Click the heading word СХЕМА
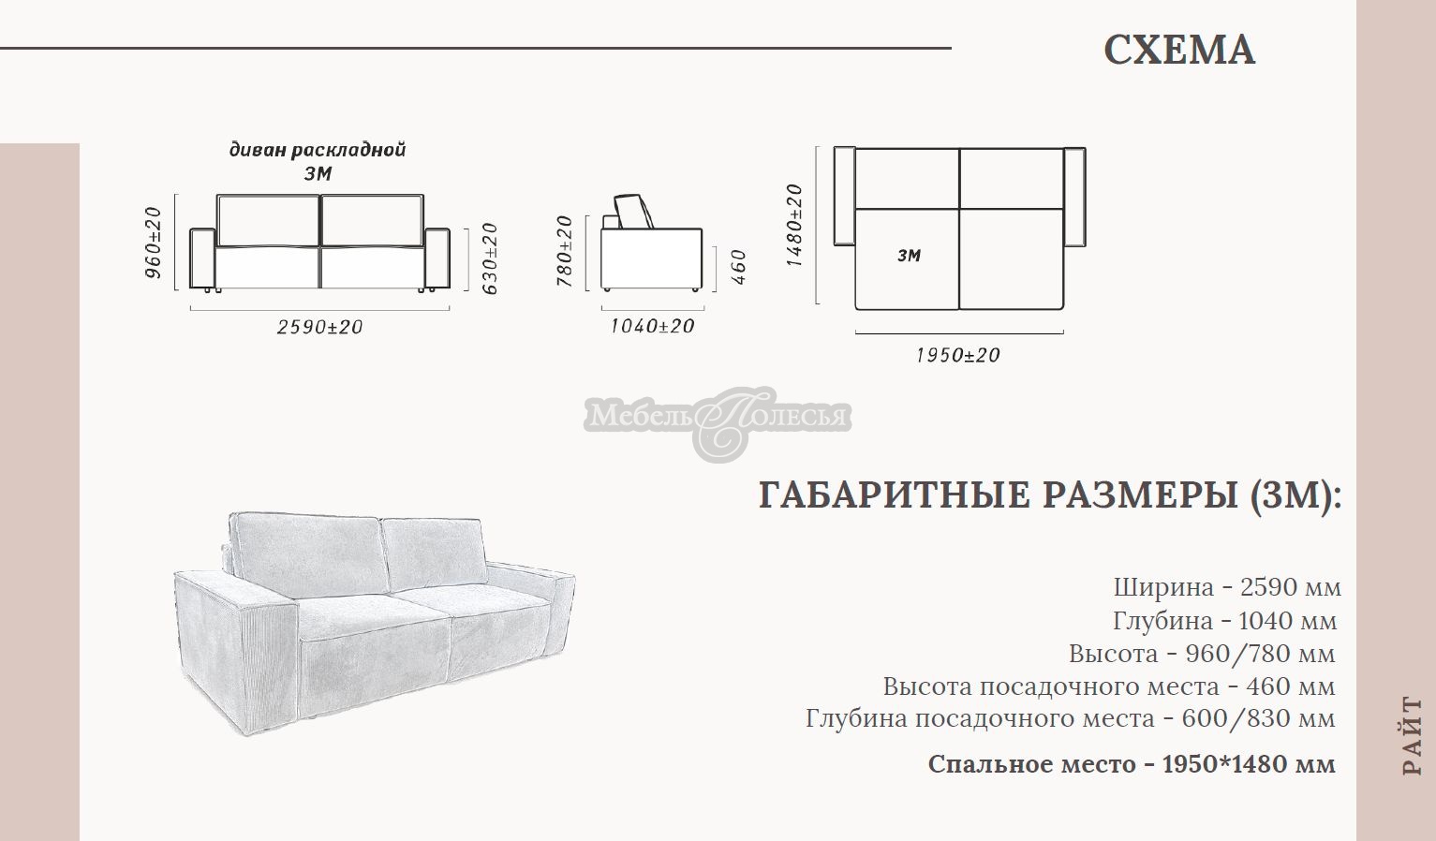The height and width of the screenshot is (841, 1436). [x=1178, y=51]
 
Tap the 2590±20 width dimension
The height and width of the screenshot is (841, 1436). [x=319, y=328]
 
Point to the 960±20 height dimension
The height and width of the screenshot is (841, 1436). [x=154, y=243]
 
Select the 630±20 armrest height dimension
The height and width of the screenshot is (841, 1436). [x=489, y=258]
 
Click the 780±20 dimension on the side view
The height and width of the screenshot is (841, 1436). [x=564, y=251]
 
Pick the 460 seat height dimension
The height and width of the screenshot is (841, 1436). [x=738, y=267]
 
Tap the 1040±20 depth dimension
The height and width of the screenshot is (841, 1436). [x=652, y=326]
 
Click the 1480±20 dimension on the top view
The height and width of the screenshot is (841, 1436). [x=794, y=225]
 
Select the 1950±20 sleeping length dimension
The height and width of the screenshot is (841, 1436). [x=957, y=356]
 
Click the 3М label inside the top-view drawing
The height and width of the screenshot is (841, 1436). [x=909, y=255]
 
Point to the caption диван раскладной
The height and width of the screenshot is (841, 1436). [x=318, y=150]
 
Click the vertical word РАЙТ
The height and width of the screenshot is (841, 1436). [x=1412, y=735]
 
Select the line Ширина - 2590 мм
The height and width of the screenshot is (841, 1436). [x=1227, y=587]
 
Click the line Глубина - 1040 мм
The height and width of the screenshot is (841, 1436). [x=1224, y=620]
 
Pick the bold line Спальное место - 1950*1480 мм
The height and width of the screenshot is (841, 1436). [x=1131, y=764]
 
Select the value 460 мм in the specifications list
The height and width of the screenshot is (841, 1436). [x=1290, y=686]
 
